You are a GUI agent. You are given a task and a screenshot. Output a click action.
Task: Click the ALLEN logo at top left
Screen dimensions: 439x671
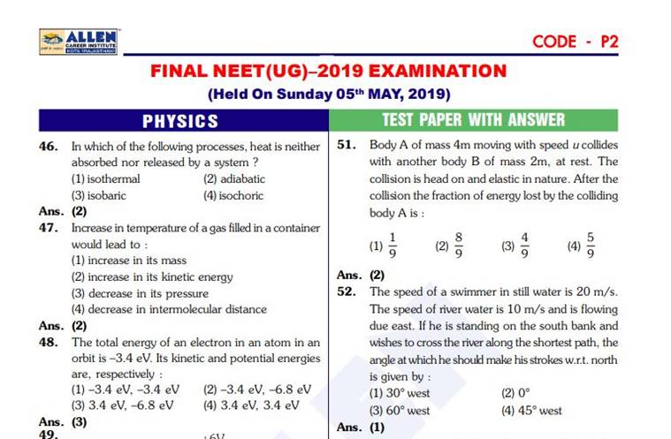coord(80,41)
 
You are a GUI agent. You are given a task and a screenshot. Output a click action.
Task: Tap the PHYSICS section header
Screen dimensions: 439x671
coord(180,120)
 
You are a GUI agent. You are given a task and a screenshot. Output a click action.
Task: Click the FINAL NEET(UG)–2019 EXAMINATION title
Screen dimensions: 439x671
coord(329,71)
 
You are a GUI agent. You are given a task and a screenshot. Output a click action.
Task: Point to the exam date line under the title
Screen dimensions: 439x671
coord(329,94)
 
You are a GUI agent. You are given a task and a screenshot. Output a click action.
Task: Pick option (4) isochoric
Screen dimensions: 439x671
coord(233,195)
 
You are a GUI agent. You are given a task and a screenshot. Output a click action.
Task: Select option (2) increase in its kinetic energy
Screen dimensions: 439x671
coord(151,276)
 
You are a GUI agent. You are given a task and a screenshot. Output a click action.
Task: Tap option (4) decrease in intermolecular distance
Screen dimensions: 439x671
coord(168,309)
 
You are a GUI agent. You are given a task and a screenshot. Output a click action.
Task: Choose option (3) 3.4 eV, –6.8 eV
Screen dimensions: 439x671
coord(122,405)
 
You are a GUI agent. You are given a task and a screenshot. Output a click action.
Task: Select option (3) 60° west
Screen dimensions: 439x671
coord(400,411)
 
